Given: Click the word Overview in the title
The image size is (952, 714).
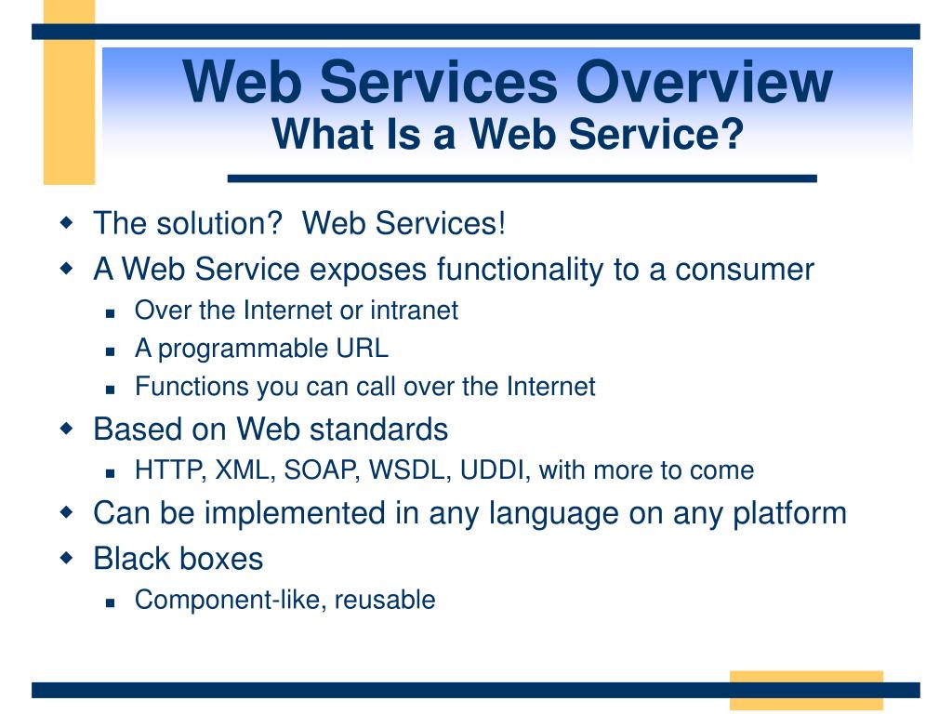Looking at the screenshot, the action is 705,82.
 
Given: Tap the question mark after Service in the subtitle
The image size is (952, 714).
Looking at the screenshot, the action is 734,134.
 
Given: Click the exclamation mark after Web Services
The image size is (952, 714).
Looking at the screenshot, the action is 501,222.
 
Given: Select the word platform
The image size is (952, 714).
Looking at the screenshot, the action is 789,513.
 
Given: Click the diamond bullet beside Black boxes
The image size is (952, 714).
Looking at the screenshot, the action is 66,558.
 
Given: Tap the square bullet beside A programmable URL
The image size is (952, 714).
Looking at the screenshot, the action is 110,350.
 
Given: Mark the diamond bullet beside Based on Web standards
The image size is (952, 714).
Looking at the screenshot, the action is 66,428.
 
